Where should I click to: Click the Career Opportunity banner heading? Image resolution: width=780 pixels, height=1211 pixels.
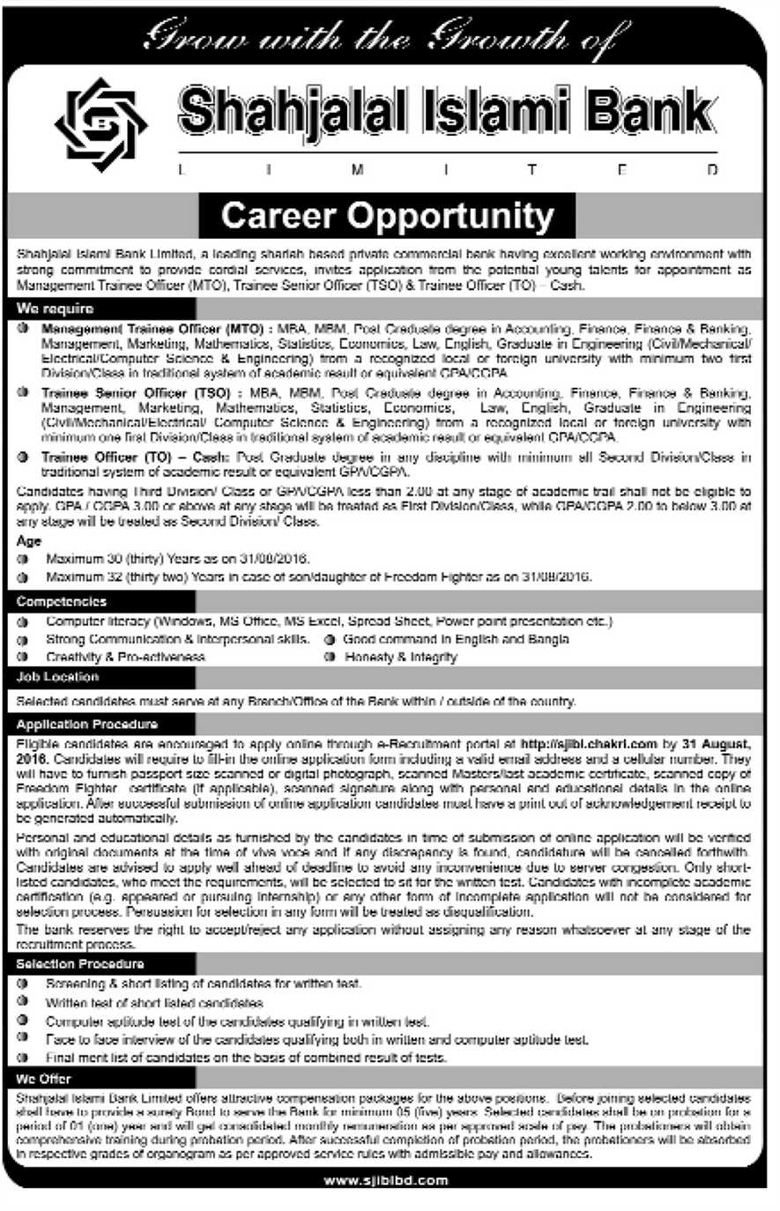(388, 215)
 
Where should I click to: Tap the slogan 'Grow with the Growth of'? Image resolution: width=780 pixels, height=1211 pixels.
(387, 38)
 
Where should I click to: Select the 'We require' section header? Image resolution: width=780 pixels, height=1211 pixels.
(55, 309)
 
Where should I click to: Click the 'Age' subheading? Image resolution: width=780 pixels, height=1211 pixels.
(29, 541)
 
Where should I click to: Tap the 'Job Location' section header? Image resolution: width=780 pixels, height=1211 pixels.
(57, 677)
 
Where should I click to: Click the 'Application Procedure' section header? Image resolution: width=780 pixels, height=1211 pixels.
(86, 724)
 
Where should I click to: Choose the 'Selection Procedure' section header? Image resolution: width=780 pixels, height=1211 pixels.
(79, 964)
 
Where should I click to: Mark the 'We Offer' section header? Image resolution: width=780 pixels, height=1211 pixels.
(43, 1079)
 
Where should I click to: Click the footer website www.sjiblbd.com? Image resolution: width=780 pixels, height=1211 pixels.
(386, 1180)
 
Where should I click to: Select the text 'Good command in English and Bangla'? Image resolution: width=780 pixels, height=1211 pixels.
(456, 639)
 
